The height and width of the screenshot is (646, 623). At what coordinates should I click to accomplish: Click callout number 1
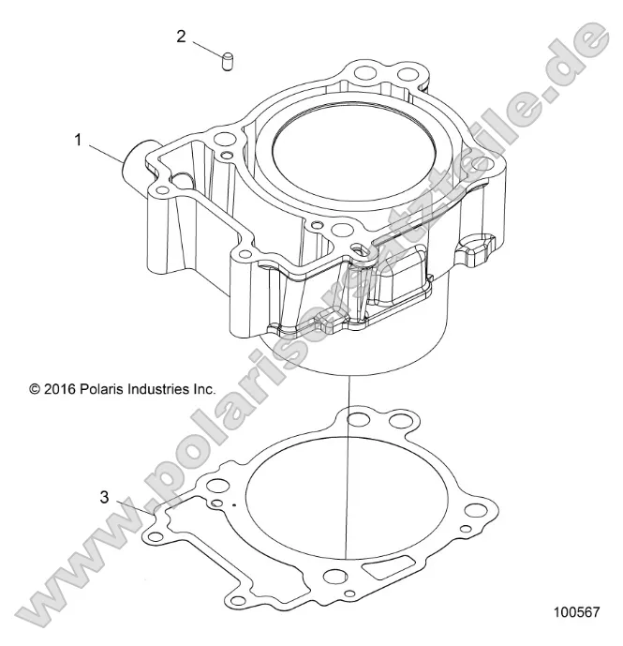coord(80,140)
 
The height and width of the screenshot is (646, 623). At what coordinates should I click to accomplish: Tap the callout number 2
coord(181,37)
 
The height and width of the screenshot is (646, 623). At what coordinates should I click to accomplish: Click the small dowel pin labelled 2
coord(227,64)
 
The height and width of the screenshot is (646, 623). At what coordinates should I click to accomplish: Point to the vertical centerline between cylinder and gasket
coord(349,469)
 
